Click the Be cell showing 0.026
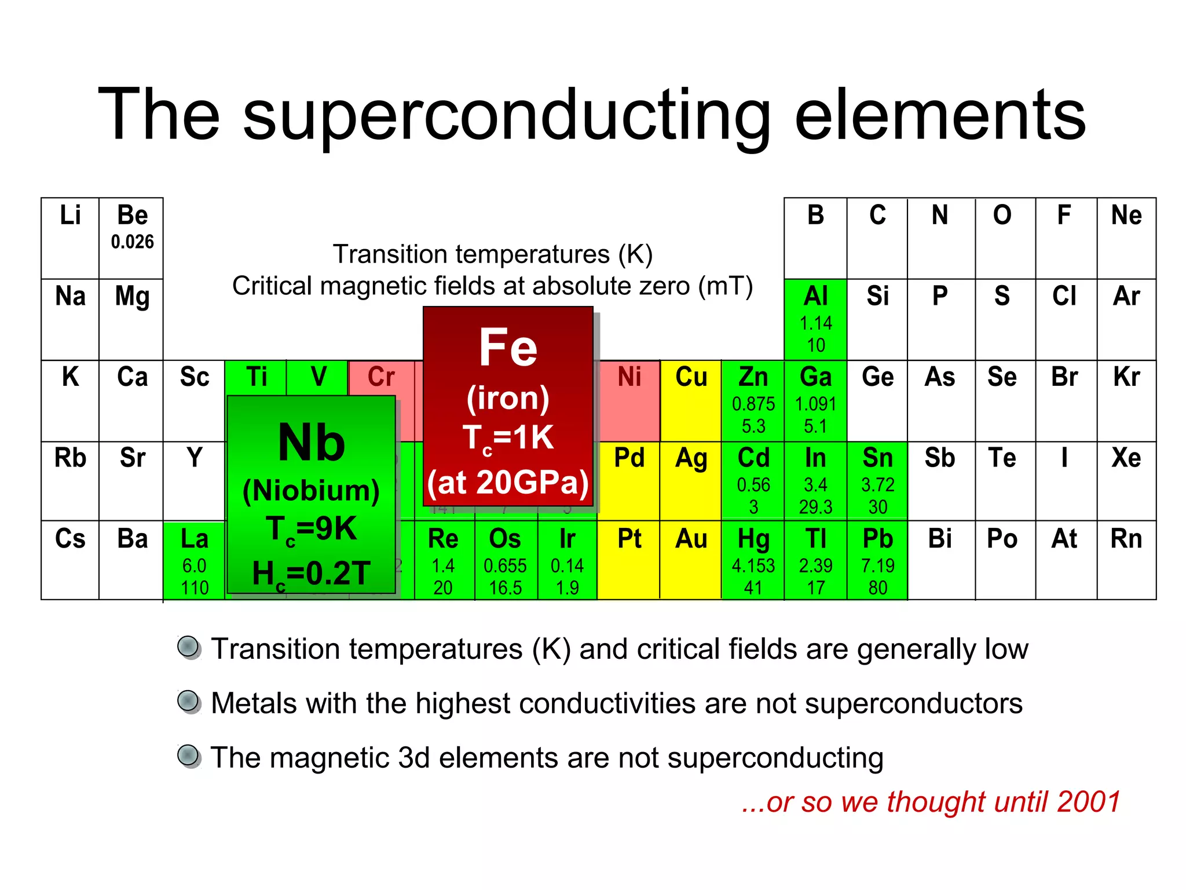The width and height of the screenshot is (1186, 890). coord(132,238)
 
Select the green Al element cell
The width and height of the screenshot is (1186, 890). coord(815,319)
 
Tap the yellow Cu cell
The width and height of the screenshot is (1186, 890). coord(691,400)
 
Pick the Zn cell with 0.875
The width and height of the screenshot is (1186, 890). coord(753,400)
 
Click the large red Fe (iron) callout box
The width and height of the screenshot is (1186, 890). coord(508,406)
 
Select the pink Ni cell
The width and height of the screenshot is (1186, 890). coord(629,400)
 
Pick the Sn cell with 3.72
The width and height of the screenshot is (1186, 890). coord(877,481)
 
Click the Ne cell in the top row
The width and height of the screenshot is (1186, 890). coord(1126,238)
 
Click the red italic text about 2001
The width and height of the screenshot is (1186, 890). coord(931,802)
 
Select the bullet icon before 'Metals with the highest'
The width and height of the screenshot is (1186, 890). coord(189,702)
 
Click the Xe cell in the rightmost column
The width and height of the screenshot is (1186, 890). coord(1126,481)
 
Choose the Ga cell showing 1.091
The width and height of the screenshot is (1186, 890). coord(815,400)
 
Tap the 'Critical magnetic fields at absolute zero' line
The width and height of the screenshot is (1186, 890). coord(492,286)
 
